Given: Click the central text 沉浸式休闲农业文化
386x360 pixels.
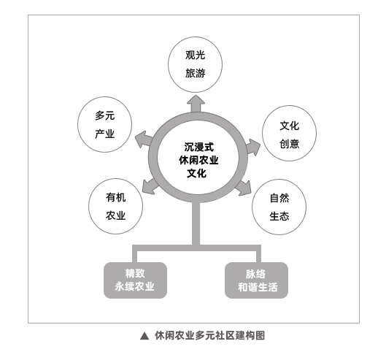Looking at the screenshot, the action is click(198, 160).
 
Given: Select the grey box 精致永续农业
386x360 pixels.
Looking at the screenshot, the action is click(135, 280).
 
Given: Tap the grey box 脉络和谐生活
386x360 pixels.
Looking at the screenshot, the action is click(257, 280).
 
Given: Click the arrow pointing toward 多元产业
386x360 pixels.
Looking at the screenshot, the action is click(144, 139).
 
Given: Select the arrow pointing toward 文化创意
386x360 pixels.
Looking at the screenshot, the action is click(252, 147).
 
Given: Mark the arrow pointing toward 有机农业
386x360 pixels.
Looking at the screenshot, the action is click(150, 187).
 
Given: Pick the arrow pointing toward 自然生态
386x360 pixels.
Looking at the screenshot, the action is click(243, 188).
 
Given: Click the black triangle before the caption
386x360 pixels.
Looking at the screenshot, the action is click(144, 336).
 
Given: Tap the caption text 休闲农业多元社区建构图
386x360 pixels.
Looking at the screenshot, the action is click(209, 336).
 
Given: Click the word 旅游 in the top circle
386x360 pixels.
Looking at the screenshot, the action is click(196, 74).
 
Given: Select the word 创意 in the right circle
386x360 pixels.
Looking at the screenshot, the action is click(289, 144).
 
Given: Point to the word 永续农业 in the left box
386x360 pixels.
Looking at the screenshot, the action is click(134, 286).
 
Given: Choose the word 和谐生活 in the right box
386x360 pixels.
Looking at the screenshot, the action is click(258, 287).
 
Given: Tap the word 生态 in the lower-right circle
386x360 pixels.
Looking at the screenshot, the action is click(279, 217).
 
